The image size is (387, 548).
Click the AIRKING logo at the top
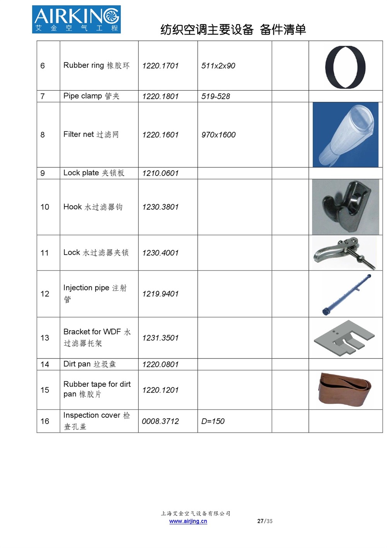click(x=76, y=19)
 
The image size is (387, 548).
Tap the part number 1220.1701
click(x=160, y=66)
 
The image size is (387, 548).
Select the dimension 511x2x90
click(x=218, y=66)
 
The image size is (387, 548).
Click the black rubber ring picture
click(x=345, y=67)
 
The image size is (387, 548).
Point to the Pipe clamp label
click(x=91, y=96)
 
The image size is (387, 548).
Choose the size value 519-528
click(x=216, y=97)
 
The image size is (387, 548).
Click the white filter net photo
click(x=345, y=134)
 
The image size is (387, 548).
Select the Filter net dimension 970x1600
click(x=218, y=135)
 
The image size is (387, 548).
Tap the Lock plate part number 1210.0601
click(x=160, y=173)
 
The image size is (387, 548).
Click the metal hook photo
click(x=345, y=207)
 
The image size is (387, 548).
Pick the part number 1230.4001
click(x=160, y=253)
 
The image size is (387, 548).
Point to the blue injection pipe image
click(x=347, y=294)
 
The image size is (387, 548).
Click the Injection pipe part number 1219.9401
click(x=160, y=294)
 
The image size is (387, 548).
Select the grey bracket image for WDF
click(x=344, y=338)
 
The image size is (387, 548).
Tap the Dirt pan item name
click(x=89, y=364)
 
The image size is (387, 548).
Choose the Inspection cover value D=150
click(x=213, y=421)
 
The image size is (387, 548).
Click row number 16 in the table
click(x=45, y=421)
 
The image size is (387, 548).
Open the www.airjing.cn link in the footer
click(x=188, y=521)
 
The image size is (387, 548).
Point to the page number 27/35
click(x=265, y=521)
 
